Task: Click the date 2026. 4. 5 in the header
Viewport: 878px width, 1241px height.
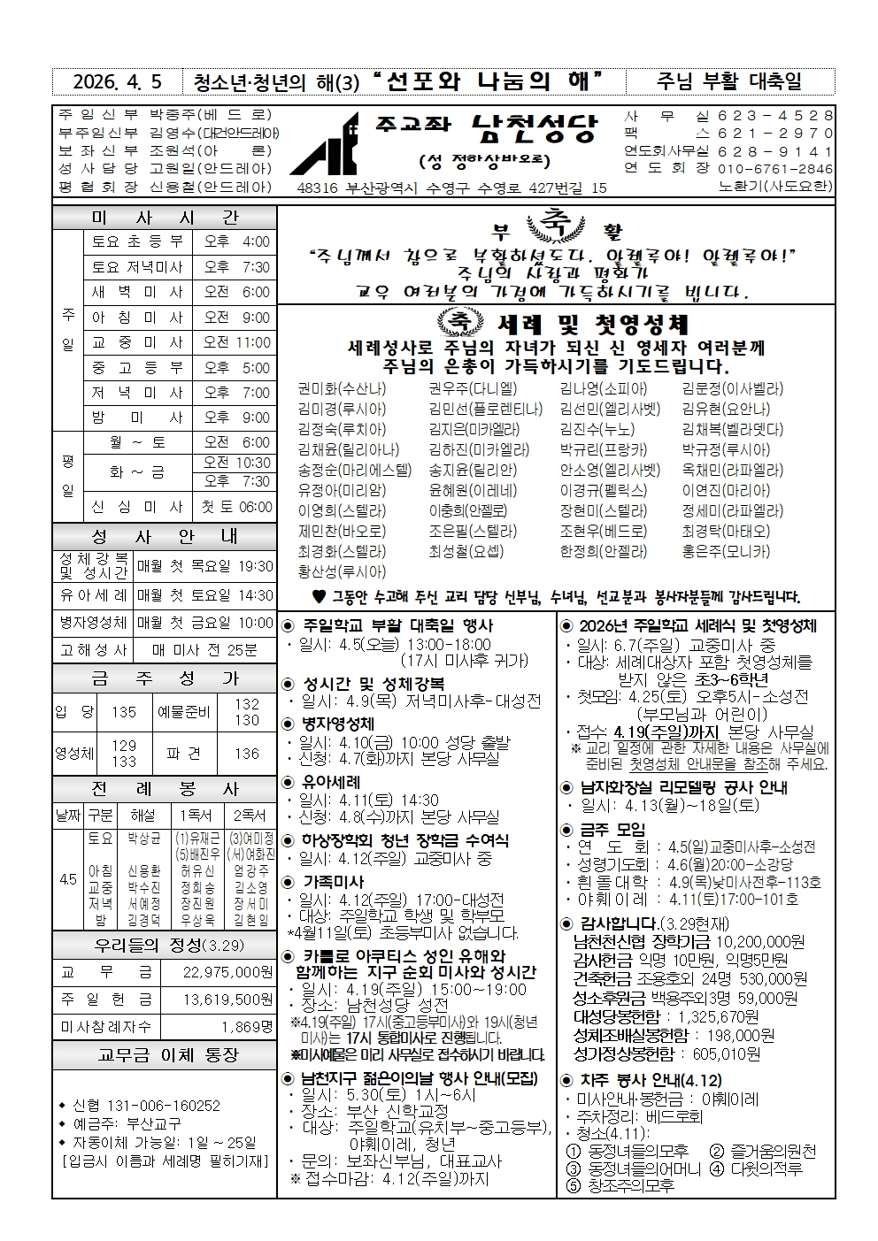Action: (118, 83)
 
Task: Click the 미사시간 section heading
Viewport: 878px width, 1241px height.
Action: (165, 218)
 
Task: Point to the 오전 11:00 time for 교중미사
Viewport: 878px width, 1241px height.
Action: (236, 342)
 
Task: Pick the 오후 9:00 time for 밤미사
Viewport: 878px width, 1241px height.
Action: (236, 417)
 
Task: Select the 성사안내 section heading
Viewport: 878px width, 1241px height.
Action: (165, 536)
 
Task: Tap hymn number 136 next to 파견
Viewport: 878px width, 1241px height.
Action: (247, 754)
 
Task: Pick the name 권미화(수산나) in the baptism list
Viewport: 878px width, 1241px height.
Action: (342, 388)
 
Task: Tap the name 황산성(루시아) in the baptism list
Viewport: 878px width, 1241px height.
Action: (342, 572)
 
